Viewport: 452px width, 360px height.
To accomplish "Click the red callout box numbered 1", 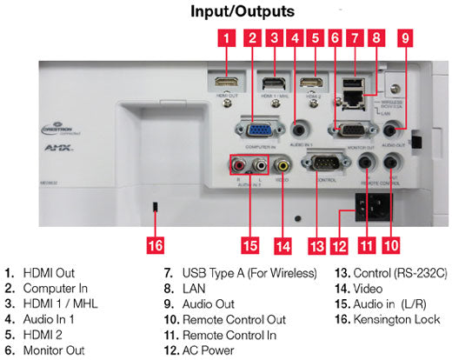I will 226,37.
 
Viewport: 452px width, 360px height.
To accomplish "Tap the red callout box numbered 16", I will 155,246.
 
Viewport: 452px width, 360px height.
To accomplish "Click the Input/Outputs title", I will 240,12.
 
